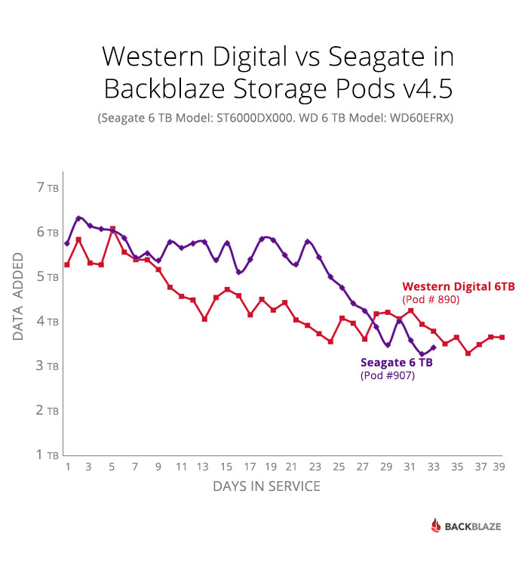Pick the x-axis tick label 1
point(67,468)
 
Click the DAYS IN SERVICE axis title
point(266,486)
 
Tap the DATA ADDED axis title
point(19,298)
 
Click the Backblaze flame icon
point(435,526)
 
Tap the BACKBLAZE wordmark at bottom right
point(472,526)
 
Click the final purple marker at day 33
point(433,347)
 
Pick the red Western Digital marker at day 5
point(112,229)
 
